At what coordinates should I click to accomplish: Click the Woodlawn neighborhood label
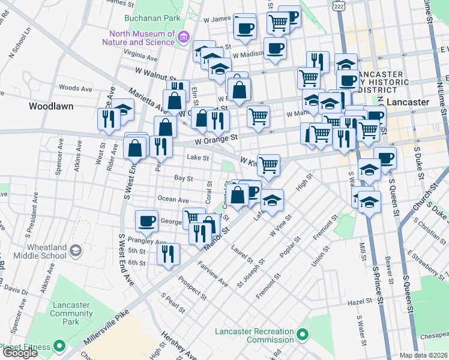(x=51, y=106)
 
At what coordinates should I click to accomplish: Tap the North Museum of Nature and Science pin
(x=184, y=38)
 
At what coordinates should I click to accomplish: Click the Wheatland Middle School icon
(x=76, y=250)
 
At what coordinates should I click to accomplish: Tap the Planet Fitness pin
(x=59, y=346)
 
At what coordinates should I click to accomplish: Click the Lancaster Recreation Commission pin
(x=303, y=334)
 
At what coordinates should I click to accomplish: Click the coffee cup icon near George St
(x=146, y=221)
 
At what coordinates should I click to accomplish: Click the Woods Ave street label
(x=76, y=89)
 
